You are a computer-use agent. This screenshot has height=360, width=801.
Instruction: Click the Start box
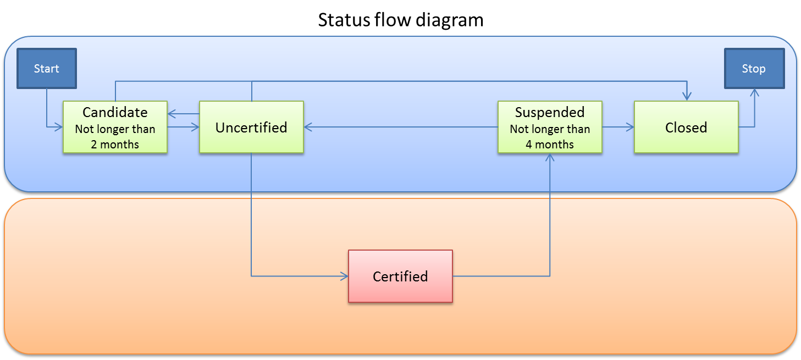[x=47, y=69]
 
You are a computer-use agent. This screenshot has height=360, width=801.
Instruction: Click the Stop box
[x=754, y=69]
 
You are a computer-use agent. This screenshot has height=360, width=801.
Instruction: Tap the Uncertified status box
[x=251, y=127]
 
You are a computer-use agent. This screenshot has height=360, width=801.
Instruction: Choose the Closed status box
[x=686, y=127]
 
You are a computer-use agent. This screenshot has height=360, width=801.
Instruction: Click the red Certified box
[x=400, y=276]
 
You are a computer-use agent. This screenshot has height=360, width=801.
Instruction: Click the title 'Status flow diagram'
[x=401, y=20]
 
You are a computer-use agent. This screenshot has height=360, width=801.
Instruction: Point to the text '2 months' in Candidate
[x=115, y=145]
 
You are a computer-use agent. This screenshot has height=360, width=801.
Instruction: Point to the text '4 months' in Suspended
[x=550, y=145]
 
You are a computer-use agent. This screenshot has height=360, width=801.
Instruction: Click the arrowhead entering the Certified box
[x=344, y=276]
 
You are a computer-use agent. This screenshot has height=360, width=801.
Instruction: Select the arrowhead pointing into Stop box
[x=754, y=94]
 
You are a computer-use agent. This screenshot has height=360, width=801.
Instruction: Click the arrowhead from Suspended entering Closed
[x=630, y=127]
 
